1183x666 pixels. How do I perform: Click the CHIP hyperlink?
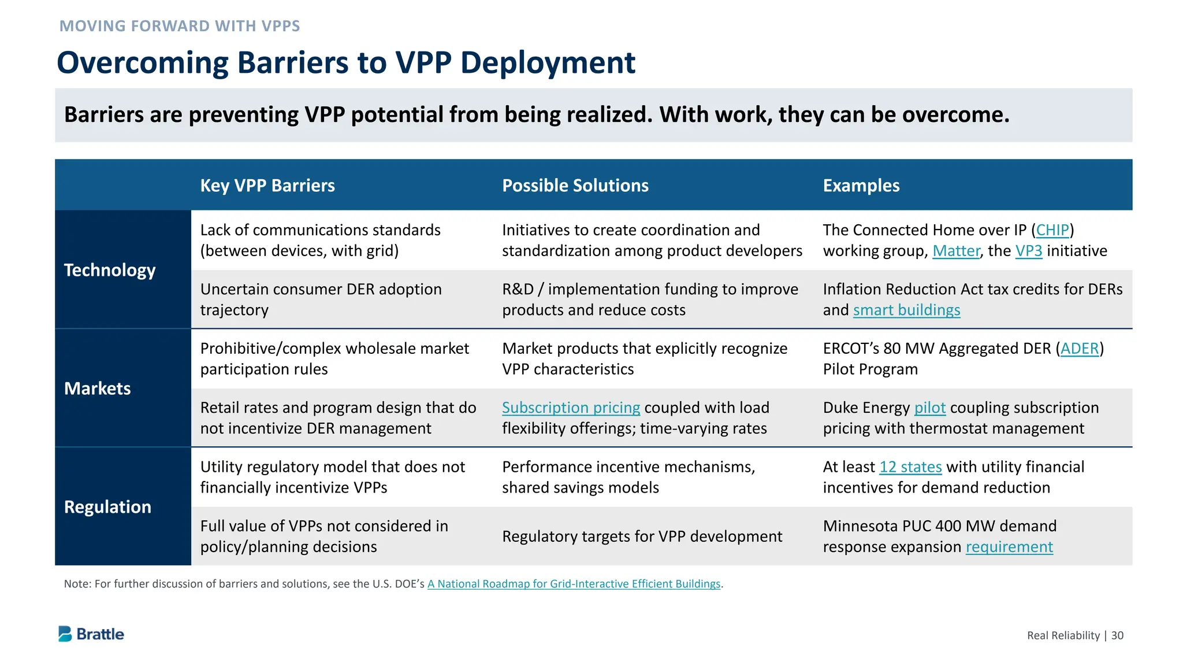[1052, 230]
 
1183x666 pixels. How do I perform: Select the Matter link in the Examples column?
[956, 251]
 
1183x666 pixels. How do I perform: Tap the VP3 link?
[1028, 251]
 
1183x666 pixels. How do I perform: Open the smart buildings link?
[906, 310]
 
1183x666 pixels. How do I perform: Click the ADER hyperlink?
[1079, 349]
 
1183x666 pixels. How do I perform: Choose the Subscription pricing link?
[571, 408]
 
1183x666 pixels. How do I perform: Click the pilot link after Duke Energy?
[929, 408]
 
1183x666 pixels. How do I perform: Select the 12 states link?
[910, 467]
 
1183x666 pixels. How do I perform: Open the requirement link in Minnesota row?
[1009, 547]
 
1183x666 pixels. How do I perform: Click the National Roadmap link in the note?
[574, 584]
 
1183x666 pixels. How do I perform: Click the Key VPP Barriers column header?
[267, 186]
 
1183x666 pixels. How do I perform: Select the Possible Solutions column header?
[575, 186]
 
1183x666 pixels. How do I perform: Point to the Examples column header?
[861, 186]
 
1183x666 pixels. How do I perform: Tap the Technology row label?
[110, 270]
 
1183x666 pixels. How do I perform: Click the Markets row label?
[97, 388]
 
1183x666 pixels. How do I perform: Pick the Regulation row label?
[107, 507]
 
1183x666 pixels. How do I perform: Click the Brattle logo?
[91, 634]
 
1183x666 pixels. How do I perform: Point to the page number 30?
[1117, 636]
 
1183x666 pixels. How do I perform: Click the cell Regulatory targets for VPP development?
[642, 536]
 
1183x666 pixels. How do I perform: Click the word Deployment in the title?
[548, 62]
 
